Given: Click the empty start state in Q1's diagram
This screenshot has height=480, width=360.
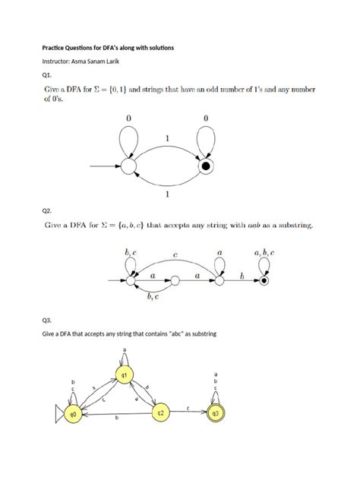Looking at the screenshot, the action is [128, 166].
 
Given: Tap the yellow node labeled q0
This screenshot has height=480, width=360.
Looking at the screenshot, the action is [74, 414].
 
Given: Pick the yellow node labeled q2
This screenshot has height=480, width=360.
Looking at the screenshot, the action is [160, 413].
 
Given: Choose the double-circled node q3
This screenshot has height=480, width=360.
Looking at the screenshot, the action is [216, 414].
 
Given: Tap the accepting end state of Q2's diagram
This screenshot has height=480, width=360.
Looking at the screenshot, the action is [264, 281].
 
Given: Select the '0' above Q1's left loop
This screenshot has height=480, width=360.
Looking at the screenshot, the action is [128, 118].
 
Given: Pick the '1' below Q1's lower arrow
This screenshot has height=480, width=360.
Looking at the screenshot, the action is [166, 194].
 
